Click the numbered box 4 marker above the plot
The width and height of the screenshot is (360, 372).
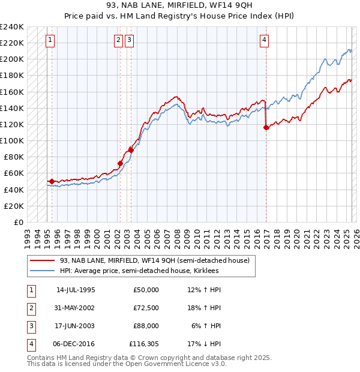(264, 40)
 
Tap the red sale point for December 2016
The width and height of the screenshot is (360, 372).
(266, 127)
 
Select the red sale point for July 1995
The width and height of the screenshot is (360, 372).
(52, 181)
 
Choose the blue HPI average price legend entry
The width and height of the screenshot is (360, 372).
(139, 271)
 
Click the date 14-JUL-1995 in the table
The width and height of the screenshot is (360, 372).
(76, 290)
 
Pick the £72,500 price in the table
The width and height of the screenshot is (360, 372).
(146, 308)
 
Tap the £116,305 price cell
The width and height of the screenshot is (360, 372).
(144, 344)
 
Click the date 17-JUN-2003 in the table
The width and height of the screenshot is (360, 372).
(76, 326)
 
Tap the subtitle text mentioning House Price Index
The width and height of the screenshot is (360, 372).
(180, 18)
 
